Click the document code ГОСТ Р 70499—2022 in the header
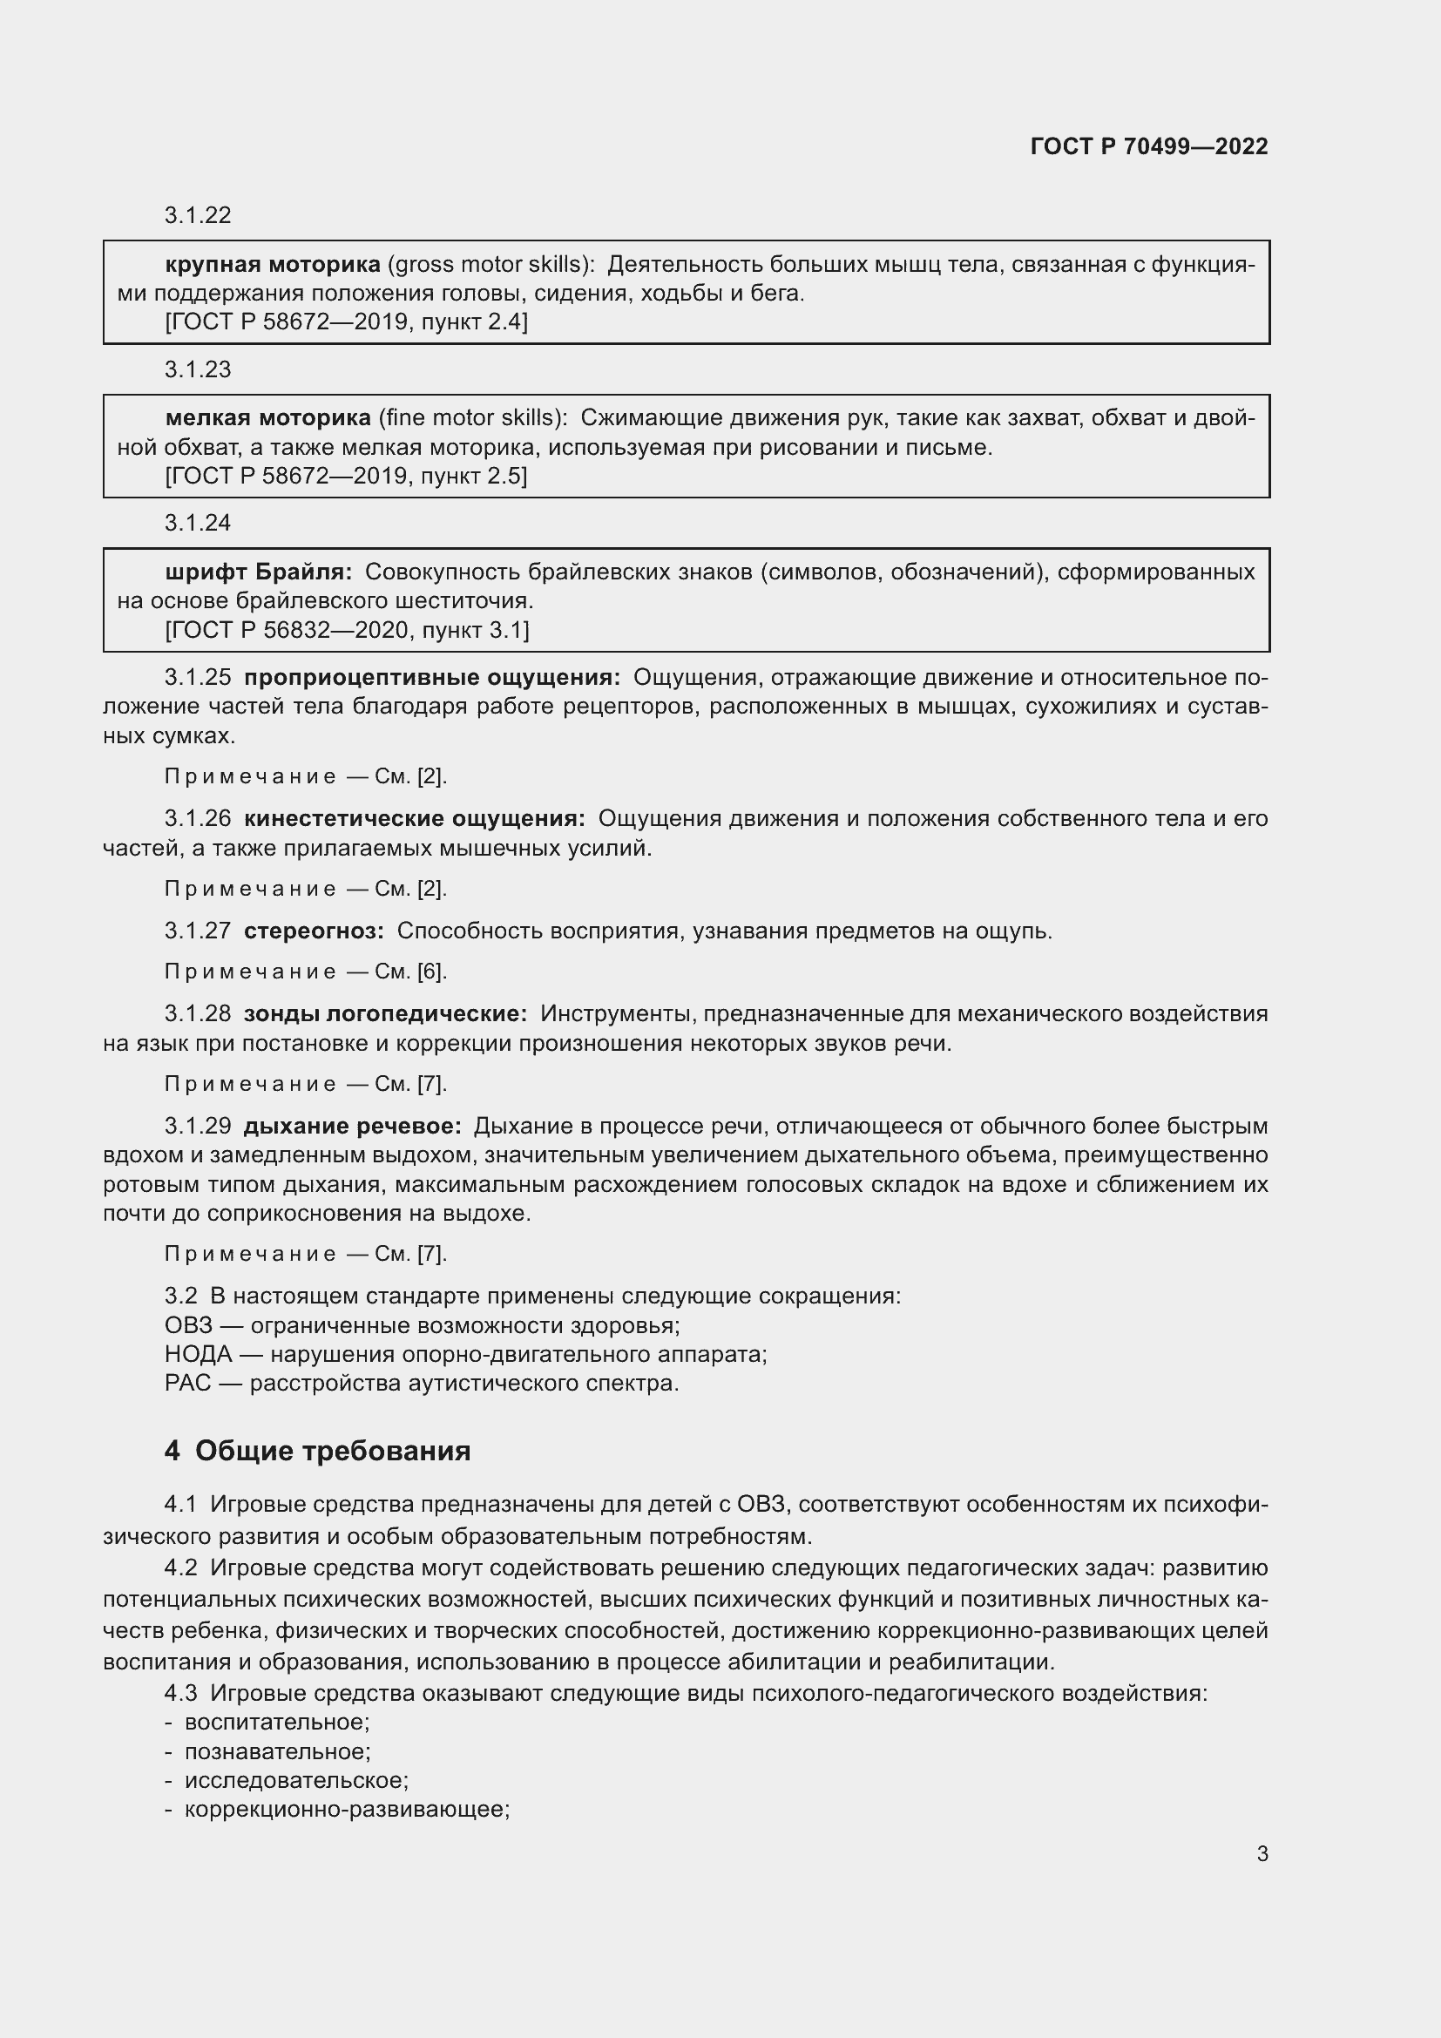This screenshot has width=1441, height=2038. tap(1149, 146)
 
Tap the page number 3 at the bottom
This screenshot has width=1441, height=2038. tap(1262, 1853)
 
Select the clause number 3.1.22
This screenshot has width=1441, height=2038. tap(197, 215)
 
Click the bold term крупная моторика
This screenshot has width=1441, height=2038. tap(273, 264)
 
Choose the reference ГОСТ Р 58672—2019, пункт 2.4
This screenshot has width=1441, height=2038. tap(346, 322)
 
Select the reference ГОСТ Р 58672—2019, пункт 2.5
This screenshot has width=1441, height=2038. tap(346, 476)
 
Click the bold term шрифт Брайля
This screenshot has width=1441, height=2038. tap(258, 572)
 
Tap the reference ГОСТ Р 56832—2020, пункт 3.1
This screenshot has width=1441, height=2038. tap(347, 630)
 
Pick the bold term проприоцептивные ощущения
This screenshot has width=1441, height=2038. tap(432, 677)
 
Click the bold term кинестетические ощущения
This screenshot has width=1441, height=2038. tap(415, 818)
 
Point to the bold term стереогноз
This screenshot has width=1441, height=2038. tap(314, 931)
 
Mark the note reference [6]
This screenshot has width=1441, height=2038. tap(430, 972)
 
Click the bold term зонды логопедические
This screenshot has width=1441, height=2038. tap(385, 1013)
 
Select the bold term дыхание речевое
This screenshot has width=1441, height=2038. tap(352, 1127)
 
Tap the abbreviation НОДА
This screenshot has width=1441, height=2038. tap(198, 1355)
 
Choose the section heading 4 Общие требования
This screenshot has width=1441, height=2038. tap(318, 1452)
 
